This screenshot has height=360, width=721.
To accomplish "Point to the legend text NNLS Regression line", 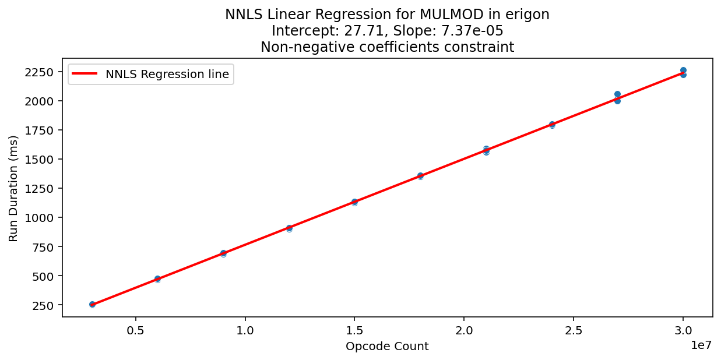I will (x=167, y=74).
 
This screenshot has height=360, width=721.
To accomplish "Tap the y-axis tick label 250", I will (x=44, y=305).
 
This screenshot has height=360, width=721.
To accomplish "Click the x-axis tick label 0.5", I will (x=136, y=330).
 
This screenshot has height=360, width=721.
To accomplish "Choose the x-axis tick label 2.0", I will (x=464, y=330).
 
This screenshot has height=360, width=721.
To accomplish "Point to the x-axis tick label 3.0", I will (x=683, y=330).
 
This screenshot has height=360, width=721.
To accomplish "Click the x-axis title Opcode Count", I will (x=387, y=347).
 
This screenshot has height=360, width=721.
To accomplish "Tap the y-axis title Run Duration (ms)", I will (x=13, y=188).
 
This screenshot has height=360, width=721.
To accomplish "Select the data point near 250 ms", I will (x=92, y=304).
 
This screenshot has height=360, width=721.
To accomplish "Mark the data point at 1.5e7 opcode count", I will (x=354, y=202).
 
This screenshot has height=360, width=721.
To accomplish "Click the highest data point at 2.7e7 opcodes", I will (x=617, y=94).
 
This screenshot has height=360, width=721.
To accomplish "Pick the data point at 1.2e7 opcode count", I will (x=289, y=228).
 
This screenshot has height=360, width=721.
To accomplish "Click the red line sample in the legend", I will (x=85, y=74).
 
